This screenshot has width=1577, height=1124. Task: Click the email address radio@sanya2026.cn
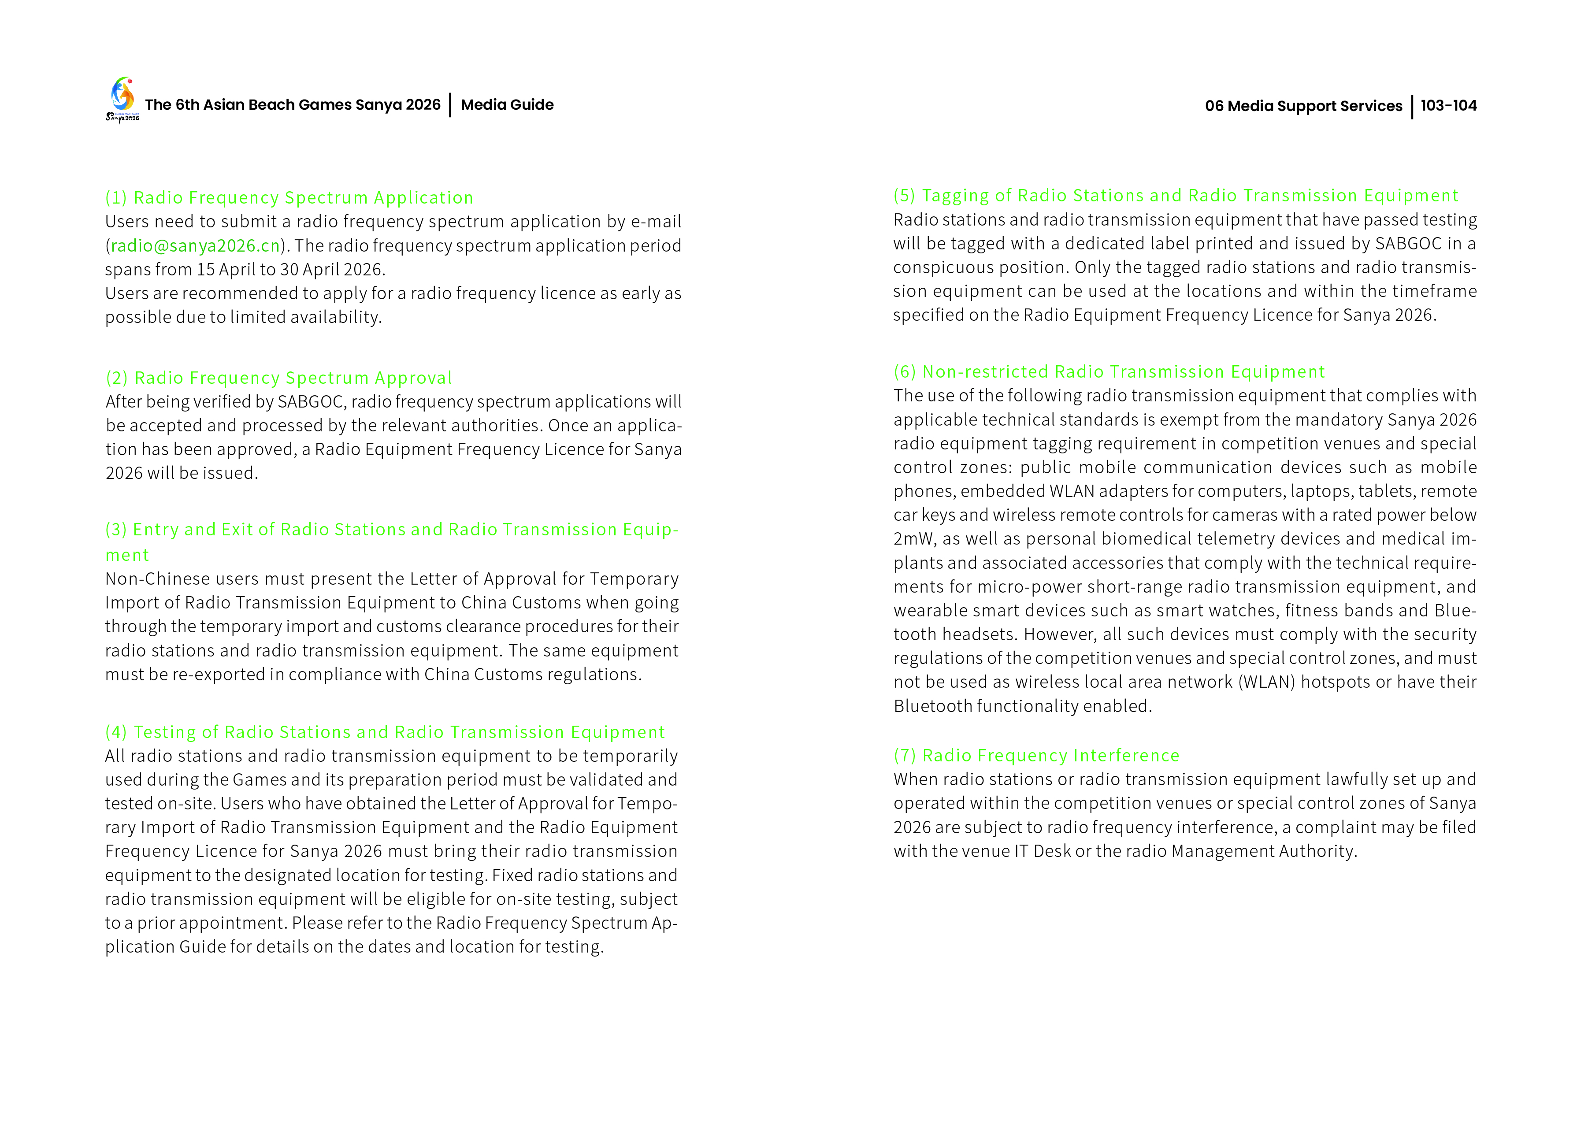[195, 246]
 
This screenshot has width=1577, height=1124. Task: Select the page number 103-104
[1448, 106]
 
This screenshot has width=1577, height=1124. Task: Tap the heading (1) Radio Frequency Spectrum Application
[289, 198]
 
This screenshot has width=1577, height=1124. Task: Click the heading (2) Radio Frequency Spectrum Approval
[279, 378]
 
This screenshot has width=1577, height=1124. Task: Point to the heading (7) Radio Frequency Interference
[1036, 755]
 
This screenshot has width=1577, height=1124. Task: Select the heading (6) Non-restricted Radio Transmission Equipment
[1109, 372]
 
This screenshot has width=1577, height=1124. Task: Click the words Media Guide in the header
[507, 105]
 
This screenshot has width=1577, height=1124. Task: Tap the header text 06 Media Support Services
[1303, 106]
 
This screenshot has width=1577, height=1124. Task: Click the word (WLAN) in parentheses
[1265, 683]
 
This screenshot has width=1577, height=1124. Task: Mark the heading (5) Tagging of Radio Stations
[1175, 196]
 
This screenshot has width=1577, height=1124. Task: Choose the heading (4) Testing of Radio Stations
[385, 732]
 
